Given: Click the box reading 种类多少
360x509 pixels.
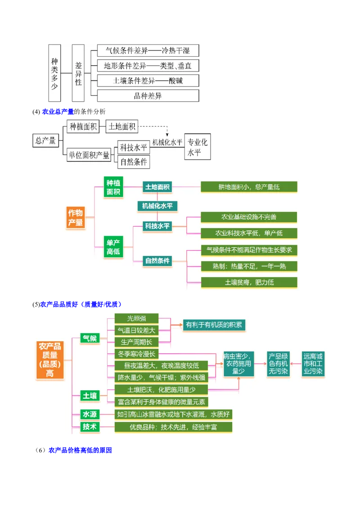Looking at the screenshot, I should tap(54, 74).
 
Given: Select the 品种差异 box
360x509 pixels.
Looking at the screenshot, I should tap(148, 95).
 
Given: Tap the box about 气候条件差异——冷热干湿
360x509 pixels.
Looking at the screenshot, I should tap(148, 50).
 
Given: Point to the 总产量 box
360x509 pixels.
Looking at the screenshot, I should tap(45, 141).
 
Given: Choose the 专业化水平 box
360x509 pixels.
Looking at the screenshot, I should tap(197, 147).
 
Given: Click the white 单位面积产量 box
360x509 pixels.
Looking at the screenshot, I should tap(89, 155).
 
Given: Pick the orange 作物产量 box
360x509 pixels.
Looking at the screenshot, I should tap(75, 218).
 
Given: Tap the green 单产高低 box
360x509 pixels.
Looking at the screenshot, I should tap(113, 247).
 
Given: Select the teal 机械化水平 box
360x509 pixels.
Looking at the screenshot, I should tap(157, 206).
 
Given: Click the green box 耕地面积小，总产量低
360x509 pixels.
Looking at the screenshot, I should tap(249, 187).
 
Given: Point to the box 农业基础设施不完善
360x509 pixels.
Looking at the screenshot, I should tap(249, 217).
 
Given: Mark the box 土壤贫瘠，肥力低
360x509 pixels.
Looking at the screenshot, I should tap(249, 282).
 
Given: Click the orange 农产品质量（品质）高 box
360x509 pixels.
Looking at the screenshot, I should tap(49, 360).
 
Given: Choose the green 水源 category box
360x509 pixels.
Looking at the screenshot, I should tap(89, 414).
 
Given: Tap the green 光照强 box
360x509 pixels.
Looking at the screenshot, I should tap(136, 318).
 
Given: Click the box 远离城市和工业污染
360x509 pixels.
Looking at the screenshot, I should tap(313, 364).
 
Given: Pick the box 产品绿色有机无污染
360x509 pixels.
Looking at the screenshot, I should tap(279, 364).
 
